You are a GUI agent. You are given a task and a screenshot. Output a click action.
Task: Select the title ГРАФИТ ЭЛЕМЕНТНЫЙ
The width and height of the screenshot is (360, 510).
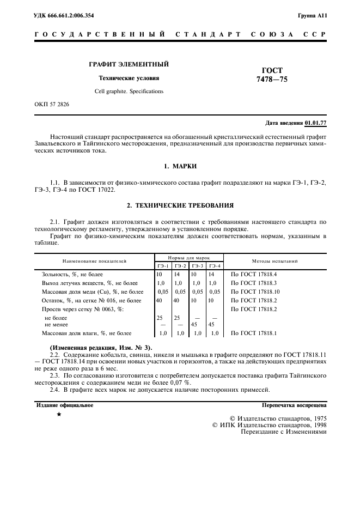pos(129,64)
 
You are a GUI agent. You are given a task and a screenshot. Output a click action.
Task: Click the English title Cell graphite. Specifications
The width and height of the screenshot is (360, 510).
pos(129,92)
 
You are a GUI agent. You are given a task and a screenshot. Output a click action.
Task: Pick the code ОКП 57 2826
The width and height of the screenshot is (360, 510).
pos(51,104)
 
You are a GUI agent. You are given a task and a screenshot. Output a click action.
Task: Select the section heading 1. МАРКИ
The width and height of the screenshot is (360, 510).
pos(180,166)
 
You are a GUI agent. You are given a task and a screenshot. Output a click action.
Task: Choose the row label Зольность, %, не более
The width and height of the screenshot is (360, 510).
pos(72,275)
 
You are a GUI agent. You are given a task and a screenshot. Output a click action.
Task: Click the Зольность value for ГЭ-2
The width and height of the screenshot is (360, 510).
pos(178,275)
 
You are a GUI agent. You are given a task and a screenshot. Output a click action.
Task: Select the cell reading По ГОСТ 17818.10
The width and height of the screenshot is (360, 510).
pos(255,292)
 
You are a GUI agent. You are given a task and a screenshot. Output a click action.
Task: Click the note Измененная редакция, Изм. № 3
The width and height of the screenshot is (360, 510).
pos(101,348)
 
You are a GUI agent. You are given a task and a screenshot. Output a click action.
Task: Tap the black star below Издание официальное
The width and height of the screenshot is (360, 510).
pos(59,415)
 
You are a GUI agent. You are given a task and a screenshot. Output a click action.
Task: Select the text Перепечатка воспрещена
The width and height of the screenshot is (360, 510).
pos(294,405)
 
